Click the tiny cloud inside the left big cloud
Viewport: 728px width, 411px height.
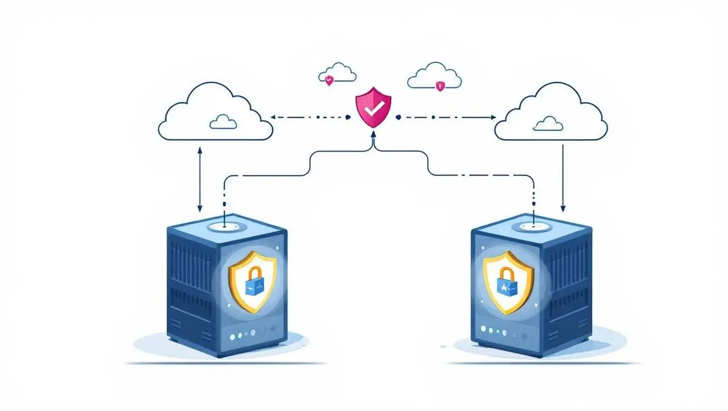tap(223, 123)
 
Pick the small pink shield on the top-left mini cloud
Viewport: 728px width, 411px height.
tap(329, 80)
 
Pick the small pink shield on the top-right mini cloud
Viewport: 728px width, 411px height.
tap(440, 86)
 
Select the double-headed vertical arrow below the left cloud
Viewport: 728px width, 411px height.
tap(200, 179)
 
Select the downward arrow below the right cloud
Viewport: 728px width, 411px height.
tap(564, 179)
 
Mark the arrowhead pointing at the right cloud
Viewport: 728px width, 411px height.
tap(493, 117)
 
